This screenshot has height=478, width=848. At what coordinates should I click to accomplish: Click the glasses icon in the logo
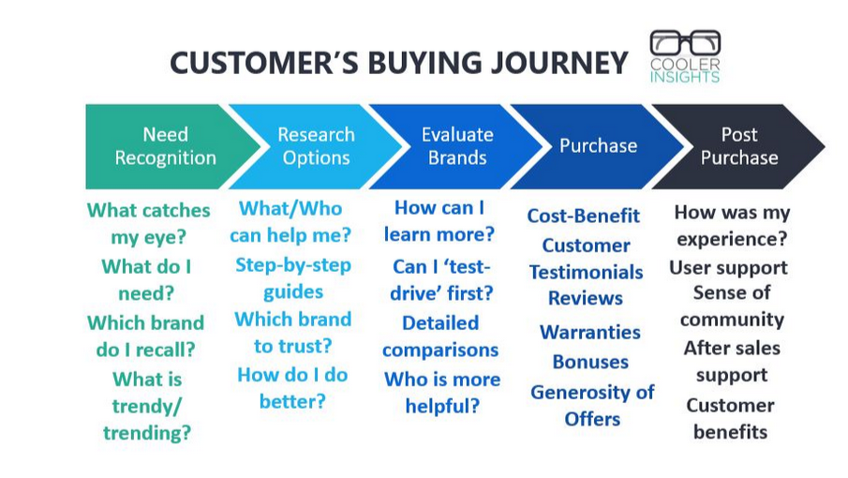point(685,43)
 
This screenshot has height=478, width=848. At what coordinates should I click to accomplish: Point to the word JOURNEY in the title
point(558,63)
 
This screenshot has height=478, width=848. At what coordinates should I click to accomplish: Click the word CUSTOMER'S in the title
point(264,63)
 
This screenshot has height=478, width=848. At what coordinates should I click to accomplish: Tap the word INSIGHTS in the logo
point(685,77)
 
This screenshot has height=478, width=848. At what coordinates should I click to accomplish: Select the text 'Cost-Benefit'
point(584,216)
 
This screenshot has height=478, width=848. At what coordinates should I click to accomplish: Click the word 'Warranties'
point(590,332)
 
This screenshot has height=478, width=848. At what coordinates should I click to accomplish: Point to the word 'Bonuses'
point(590,362)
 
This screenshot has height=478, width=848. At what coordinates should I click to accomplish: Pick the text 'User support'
point(728,268)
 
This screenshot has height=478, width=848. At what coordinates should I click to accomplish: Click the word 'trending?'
point(147,433)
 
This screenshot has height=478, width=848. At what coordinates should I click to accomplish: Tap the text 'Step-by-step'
point(293,265)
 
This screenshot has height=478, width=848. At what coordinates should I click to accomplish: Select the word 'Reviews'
point(586,298)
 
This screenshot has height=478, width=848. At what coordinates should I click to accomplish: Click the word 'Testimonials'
point(587,272)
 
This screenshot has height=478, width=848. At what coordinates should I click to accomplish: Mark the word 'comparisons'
point(440,351)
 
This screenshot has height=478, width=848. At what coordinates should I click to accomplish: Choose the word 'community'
point(732,321)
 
